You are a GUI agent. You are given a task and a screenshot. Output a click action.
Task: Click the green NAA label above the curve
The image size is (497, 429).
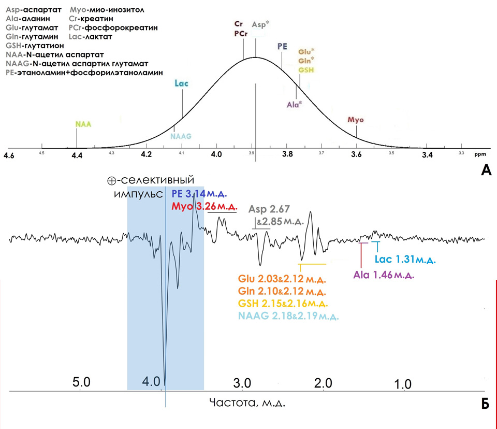coord(83,124)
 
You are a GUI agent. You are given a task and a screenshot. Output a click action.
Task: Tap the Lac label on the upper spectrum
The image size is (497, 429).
coord(182,84)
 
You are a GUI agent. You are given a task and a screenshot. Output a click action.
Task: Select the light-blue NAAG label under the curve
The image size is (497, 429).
coord(181,136)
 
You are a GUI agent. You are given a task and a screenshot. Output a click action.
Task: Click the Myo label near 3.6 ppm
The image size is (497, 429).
coord(356,120)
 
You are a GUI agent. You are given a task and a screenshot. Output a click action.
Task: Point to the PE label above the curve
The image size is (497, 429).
coord(282,46)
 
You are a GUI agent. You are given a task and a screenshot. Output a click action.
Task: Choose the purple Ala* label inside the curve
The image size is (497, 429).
coord(295,105)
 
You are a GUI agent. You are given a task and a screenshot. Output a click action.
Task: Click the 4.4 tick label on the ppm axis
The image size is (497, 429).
coord(77,154)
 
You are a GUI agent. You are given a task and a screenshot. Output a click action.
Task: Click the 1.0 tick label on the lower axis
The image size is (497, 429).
coord(403,384)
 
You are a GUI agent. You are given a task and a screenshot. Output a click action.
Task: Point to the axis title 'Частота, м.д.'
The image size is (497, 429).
coord(247,402)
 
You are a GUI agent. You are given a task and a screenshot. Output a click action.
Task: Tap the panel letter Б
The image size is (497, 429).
coord(485,404)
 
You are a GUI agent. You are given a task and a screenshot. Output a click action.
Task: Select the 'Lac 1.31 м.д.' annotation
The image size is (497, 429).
coord(404,259)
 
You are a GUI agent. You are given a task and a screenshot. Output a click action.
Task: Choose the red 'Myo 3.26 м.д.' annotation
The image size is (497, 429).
coord(203,207)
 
